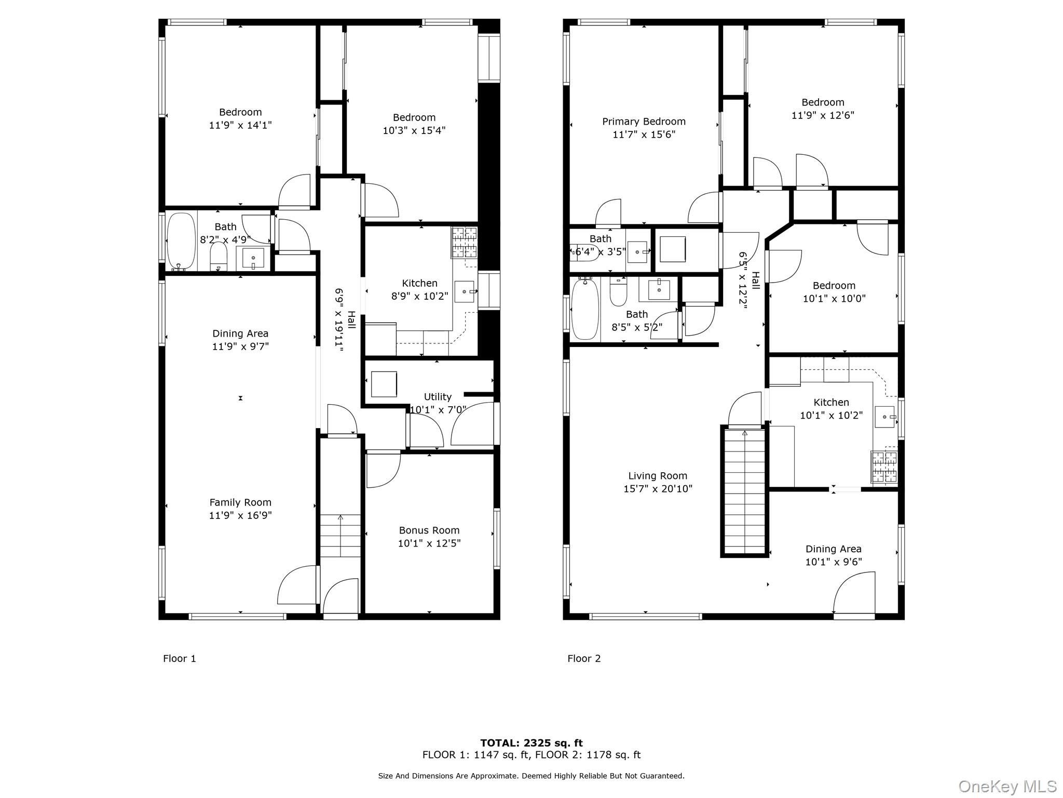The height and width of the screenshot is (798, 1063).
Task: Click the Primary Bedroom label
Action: [644, 122]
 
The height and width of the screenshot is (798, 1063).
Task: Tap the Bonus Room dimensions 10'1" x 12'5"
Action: [429, 543]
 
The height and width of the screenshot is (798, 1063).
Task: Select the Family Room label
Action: [240, 502]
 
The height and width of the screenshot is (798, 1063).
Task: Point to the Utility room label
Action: [438, 397]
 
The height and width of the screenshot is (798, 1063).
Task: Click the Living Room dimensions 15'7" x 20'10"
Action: [658, 489]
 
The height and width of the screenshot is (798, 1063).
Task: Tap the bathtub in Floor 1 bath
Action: [181, 242]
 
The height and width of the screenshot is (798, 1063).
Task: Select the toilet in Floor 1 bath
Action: [219, 256]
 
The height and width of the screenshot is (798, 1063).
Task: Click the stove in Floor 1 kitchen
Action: [464, 243]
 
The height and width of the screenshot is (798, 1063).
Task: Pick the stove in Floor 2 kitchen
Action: [884, 467]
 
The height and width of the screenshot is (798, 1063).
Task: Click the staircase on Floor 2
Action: [745, 491]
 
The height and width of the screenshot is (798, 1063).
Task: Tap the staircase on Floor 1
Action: [340, 535]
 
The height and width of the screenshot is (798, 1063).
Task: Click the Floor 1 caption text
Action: [180, 659]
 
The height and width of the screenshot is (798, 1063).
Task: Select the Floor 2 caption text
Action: [584, 659]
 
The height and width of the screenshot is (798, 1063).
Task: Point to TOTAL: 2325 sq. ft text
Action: [531, 743]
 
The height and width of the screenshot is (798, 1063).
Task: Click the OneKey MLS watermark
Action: [1007, 787]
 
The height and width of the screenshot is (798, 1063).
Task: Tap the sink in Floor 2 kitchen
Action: [885, 417]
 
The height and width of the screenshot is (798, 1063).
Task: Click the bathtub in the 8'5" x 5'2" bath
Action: [585, 309]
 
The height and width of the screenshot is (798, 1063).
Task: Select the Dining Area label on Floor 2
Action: [833, 549]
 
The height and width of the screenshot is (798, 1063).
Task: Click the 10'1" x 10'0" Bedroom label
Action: [834, 286]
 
